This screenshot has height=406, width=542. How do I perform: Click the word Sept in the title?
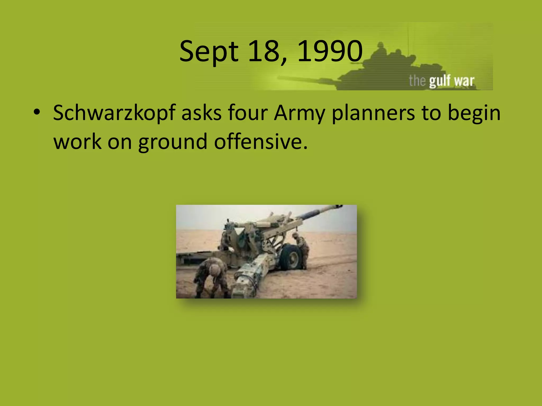click(x=209, y=52)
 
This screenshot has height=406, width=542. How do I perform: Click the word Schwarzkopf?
click(x=114, y=113)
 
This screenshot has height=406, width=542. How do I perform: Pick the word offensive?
click(x=261, y=142)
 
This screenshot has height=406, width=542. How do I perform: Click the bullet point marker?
click(x=37, y=113)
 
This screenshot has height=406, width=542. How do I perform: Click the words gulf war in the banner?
click(x=451, y=81)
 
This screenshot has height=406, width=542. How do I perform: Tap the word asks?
click(x=201, y=113)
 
